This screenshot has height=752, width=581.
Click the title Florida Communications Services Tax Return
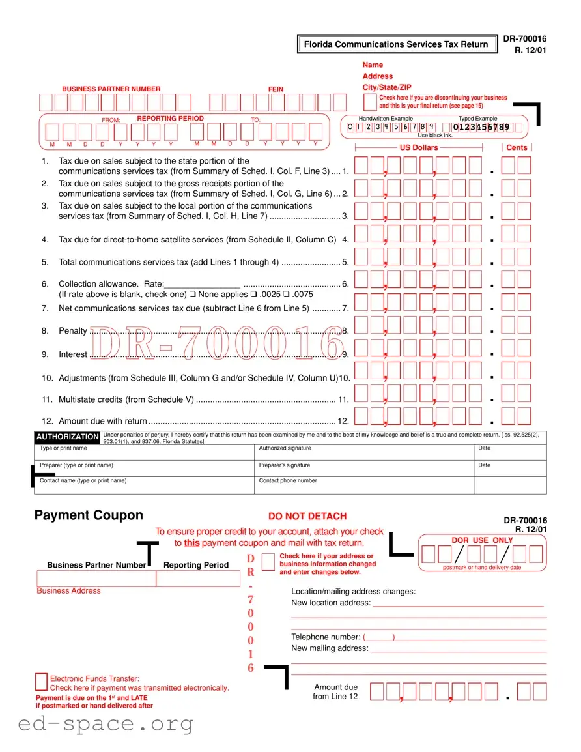[395, 44]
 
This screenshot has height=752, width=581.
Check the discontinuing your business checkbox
[370, 102]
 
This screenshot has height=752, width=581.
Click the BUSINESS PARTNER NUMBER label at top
[111, 89]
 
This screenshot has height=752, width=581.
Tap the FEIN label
[276, 89]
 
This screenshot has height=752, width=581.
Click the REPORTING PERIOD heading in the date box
[170, 119]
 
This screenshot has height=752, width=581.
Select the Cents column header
[517, 147]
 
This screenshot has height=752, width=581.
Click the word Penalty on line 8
[72, 331]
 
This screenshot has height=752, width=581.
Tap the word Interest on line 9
[73, 354]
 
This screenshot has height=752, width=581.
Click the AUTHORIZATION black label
[67, 437]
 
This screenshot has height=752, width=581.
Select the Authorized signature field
[365, 452]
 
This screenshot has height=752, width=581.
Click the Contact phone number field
[365, 485]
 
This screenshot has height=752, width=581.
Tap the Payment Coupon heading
[89, 515]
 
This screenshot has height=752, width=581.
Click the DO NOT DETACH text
[307, 516]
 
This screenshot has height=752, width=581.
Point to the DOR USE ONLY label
[482, 540]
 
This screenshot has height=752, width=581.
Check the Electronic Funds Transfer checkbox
[41, 682]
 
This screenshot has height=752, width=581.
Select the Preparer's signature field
[365, 469]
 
